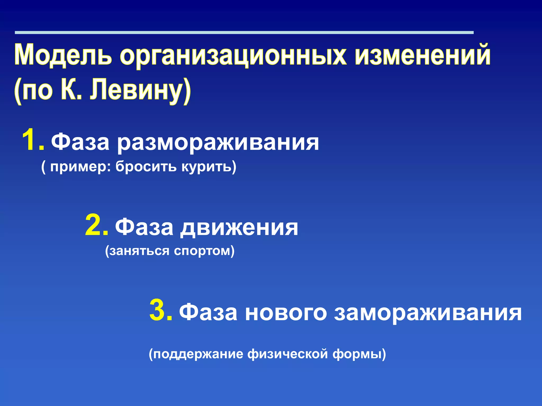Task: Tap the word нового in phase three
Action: pos(286,313)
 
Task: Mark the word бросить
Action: pos(146,167)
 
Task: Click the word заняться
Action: pos(139,251)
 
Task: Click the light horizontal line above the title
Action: pos(244,33)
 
